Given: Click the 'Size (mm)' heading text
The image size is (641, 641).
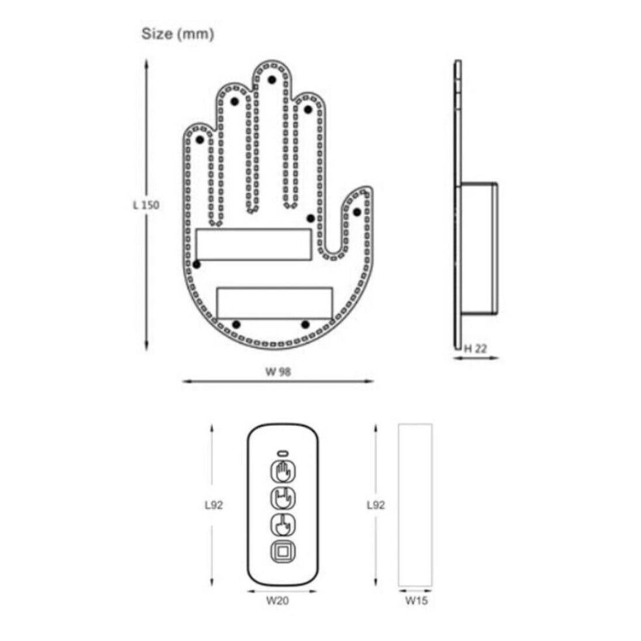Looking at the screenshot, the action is point(178,34).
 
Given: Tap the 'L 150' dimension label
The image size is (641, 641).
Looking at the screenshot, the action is point(146,205).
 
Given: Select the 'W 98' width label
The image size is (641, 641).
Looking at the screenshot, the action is point(278,371).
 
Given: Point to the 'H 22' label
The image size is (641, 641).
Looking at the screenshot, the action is point(476,349).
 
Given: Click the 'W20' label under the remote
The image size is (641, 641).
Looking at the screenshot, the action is point(278,601).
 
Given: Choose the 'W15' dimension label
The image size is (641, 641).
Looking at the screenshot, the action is point(416,601).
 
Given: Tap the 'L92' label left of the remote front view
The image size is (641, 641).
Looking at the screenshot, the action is point(214,505).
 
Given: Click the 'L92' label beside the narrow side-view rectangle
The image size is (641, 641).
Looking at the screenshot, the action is point(375,505).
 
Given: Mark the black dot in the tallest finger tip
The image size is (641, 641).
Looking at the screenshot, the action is point(272,80).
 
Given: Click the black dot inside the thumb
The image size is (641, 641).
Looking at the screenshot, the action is point(357,212).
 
